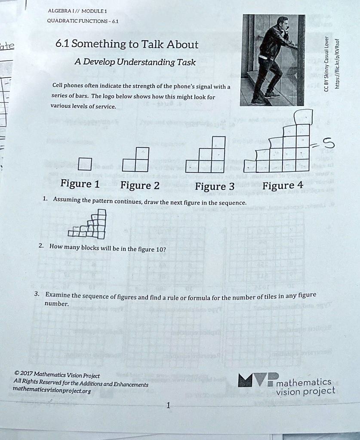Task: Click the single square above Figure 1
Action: tap(85, 164)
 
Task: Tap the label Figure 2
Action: tap(140, 186)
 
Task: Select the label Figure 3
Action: tap(215, 186)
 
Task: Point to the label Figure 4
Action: tap(283, 185)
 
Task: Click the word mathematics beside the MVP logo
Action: tap(304, 382)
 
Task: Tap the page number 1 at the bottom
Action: tap(168, 405)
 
